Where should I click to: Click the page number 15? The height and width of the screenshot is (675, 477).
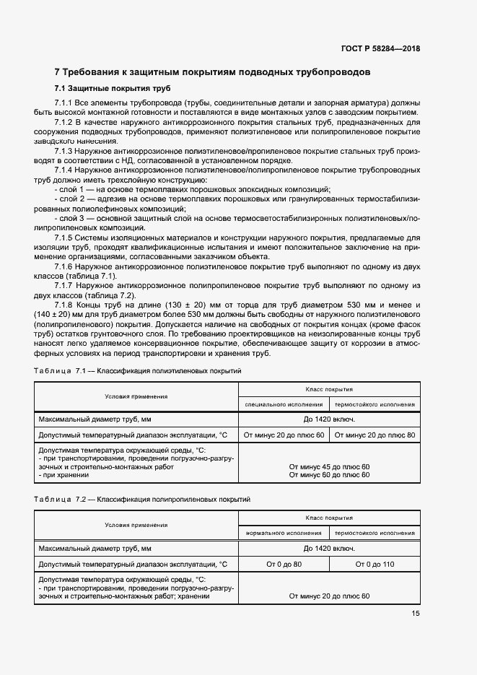(x=416, y=613)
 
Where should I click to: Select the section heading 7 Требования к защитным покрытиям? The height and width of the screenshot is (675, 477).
(x=213, y=73)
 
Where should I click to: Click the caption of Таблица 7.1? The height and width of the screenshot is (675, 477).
(x=138, y=370)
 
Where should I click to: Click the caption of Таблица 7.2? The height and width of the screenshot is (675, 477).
(x=141, y=500)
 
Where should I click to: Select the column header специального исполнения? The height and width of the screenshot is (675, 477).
(x=284, y=404)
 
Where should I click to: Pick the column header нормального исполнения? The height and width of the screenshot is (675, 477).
(x=284, y=534)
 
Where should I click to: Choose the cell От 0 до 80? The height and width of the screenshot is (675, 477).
(x=284, y=564)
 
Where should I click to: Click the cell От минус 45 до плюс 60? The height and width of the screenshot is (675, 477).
(x=329, y=466)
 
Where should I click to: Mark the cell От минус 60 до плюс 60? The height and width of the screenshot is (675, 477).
(x=329, y=474)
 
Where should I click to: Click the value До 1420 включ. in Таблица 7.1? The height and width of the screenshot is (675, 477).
(x=329, y=419)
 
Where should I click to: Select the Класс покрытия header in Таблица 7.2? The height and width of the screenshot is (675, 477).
(x=329, y=518)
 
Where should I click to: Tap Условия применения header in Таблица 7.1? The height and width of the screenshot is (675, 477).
(x=136, y=396)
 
